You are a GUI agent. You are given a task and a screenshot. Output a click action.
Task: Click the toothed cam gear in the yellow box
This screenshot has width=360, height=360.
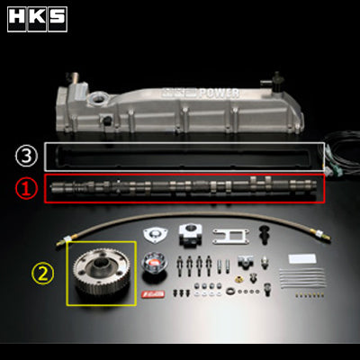pos(100,271)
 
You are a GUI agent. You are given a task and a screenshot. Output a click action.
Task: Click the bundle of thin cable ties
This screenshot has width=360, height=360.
pos(302,278)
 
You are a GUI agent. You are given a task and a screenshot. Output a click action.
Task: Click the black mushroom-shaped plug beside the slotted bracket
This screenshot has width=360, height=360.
pos(265,234)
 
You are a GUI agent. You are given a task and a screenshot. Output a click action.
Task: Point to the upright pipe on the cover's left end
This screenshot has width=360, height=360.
pos(76,81)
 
